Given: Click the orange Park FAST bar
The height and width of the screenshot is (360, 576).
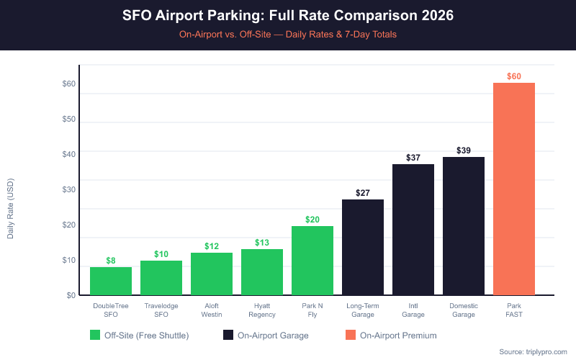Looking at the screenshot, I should [514, 189].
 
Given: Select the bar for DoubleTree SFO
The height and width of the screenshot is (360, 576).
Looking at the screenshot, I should [111, 281].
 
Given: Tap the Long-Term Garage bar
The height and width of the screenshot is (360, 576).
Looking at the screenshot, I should [363, 247].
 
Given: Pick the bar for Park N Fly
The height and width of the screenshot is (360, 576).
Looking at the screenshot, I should [312, 260].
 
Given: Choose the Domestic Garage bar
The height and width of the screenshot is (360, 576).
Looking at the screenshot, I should [464, 226].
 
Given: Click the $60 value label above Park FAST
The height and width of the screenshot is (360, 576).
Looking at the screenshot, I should [514, 76].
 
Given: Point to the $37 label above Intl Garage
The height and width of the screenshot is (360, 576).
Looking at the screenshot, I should [413, 158].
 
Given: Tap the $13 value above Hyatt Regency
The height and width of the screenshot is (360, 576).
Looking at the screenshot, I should [262, 243].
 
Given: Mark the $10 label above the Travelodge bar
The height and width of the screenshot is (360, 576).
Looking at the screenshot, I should [161, 254].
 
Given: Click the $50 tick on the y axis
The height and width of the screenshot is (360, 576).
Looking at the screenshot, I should [69, 119].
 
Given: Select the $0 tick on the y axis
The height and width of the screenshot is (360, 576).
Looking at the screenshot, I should [71, 295].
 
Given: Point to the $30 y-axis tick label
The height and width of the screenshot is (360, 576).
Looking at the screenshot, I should [69, 189].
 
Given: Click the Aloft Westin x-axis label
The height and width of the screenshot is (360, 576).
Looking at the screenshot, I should [212, 310].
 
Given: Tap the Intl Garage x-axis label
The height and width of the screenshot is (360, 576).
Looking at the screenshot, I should [413, 310].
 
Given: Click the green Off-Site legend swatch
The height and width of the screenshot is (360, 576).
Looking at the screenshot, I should [95, 335].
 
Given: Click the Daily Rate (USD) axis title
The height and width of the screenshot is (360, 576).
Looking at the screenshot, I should [11, 209].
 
